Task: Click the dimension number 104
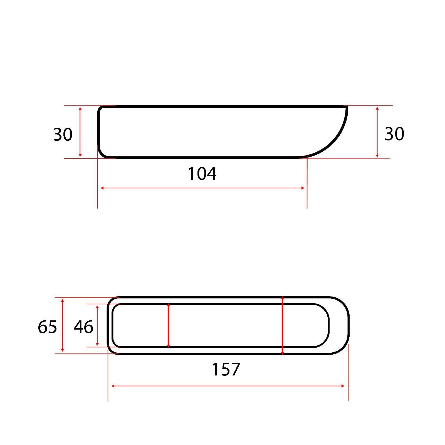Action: coord(202,174)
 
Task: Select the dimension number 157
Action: coord(226,369)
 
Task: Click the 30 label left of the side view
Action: coord(63,134)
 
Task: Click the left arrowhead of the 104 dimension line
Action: coord(102,188)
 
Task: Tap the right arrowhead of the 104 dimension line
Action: coord(303,188)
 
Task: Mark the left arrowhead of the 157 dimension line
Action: coord(113,386)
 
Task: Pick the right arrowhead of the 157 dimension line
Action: coord(343,386)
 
